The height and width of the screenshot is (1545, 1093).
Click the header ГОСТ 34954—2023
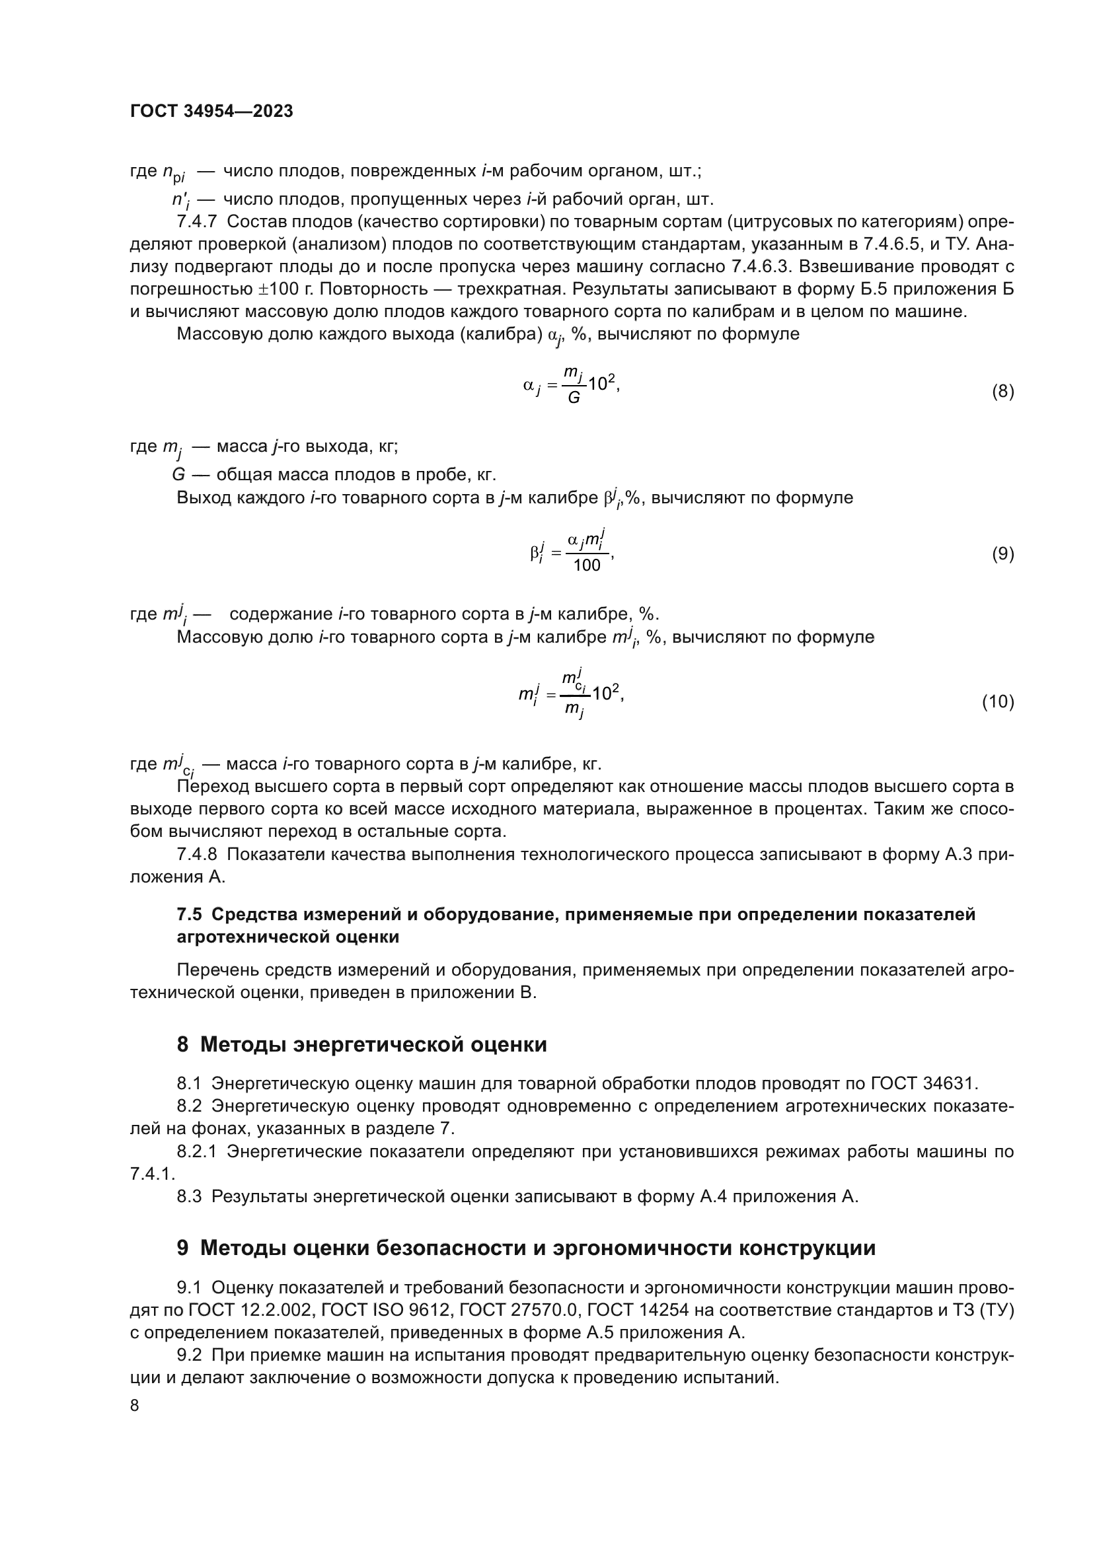pyautogui.click(x=211, y=112)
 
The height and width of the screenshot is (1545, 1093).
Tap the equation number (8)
pyautogui.click(x=1002, y=392)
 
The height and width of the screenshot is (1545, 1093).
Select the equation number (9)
pyautogui.click(x=1002, y=554)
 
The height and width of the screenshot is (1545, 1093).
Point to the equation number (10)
pyautogui.click(x=997, y=702)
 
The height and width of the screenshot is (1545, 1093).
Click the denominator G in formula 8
pyautogui.click(x=574, y=398)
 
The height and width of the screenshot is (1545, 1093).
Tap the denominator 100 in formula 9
pyautogui.click(x=586, y=565)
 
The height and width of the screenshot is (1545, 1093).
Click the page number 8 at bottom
pyautogui.click(x=135, y=1406)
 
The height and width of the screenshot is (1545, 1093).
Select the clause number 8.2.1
pyautogui.click(x=196, y=1152)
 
